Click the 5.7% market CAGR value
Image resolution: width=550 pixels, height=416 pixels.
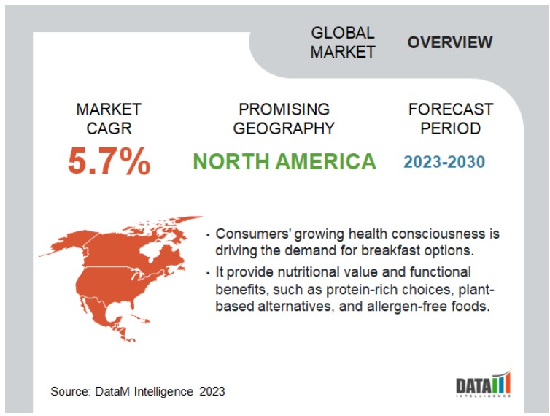pos(109,161)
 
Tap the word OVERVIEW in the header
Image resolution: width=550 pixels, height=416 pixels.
pos(450,42)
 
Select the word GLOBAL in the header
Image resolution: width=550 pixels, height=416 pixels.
pos(343,33)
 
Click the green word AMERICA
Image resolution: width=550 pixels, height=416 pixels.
pos(326,161)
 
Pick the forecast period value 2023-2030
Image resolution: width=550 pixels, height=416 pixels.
pos(444,162)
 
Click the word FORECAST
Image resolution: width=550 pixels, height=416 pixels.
pos(451,109)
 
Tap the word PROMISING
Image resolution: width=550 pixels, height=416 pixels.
pos(284,109)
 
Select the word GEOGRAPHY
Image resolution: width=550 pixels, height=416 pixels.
pos(284,128)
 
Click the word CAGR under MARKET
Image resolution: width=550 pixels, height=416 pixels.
pos(109,128)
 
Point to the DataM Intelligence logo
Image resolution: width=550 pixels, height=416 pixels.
pos(484,383)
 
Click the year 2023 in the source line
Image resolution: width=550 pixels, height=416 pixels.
pos(212,391)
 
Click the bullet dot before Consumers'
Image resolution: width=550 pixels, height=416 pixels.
pos(209,235)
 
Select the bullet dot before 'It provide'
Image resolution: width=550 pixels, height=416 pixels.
pos(209,273)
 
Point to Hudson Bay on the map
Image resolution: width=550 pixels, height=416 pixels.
pos(152,250)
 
